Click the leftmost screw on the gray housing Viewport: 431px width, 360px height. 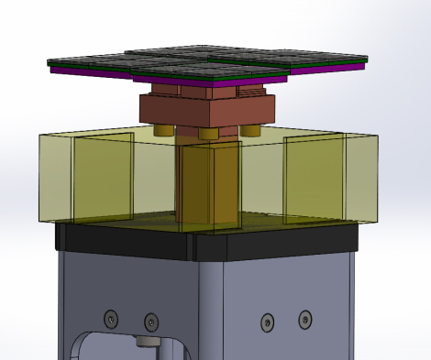coord(111,317)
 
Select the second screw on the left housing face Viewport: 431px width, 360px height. coord(150,322)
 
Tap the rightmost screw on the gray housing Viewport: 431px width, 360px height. coord(304,319)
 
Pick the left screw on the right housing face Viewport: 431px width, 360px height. coord(267,322)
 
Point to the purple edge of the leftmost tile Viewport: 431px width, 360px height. coord(92,72)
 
